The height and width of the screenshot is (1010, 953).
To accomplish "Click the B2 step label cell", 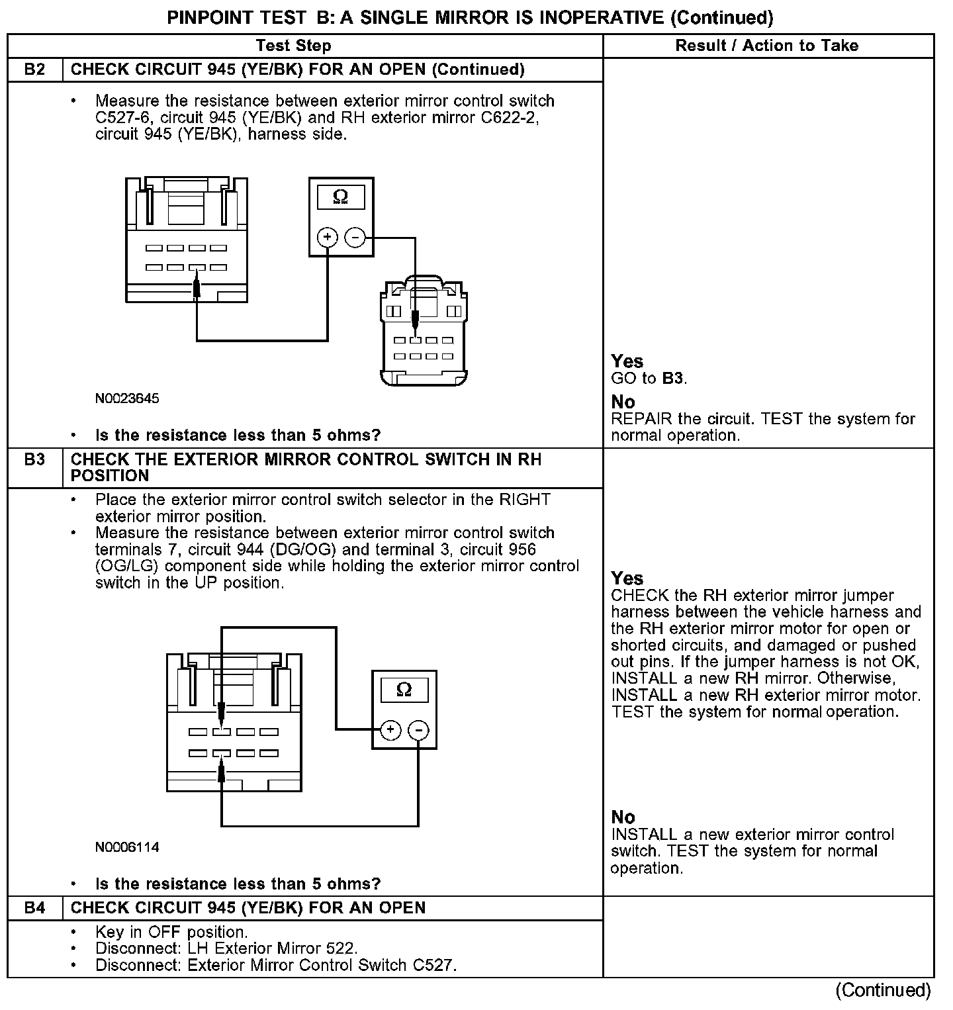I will tap(34, 69).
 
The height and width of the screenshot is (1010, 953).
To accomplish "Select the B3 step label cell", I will tap(34, 459).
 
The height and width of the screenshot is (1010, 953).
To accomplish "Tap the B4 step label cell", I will tap(34, 908).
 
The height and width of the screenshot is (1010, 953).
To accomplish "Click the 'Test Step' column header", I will tap(293, 46).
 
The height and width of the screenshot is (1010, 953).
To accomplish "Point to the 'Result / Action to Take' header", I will tap(767, 46).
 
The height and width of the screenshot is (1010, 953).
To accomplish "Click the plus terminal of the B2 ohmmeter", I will tap(328, 237).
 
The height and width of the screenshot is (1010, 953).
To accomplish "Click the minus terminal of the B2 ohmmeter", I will tap(355, 237).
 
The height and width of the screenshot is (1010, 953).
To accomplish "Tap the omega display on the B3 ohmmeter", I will tap(404, 690).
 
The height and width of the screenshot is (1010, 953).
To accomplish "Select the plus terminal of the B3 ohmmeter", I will tap(390, 730).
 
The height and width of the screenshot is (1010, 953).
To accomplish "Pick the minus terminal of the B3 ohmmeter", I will tap(418, 730).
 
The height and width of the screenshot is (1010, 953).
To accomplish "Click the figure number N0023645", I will tap(127, 398).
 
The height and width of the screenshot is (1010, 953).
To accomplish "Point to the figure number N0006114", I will tap(127, 847).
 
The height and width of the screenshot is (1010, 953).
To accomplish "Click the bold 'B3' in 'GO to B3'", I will tap(672, 379).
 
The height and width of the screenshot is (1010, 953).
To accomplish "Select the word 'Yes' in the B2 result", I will tap(627, 361).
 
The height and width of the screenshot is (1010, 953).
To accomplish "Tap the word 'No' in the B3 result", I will tap(623, 817).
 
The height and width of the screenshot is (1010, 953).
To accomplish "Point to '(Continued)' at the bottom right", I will tap(883, 990).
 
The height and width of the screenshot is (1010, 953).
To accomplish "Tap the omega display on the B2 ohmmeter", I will tap(341, 197).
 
